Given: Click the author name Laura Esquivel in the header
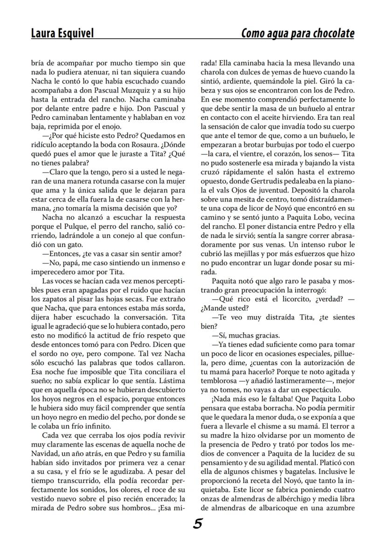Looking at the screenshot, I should coord(62,34).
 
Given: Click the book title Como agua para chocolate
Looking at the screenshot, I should coord(297,34).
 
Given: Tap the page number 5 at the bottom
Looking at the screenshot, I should coord(197,524).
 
